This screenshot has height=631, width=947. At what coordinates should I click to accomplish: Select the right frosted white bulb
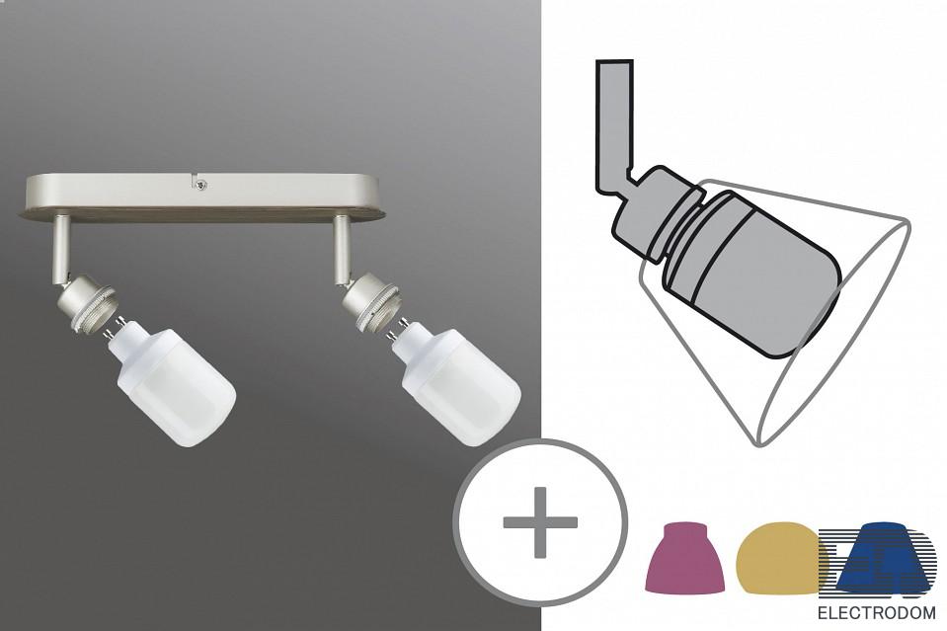click(458, 384)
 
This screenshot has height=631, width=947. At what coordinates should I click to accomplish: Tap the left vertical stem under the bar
click(61, 246)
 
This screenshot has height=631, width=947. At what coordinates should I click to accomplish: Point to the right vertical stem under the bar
click(342, 248)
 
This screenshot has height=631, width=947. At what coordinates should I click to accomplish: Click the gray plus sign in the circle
click(540, 522)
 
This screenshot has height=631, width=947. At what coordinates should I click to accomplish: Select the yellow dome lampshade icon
click(780, 558)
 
